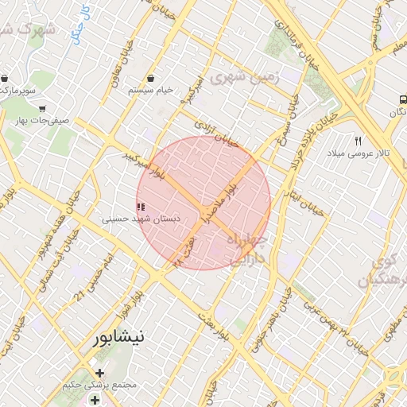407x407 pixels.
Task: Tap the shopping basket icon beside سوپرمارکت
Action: pos(6,79)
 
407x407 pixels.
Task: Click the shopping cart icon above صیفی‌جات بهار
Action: pos(41,109)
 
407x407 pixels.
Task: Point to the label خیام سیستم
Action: pos(152,91)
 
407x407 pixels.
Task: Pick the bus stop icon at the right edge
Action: pos(402,101)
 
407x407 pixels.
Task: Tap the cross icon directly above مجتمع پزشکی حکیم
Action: pos(99,373)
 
